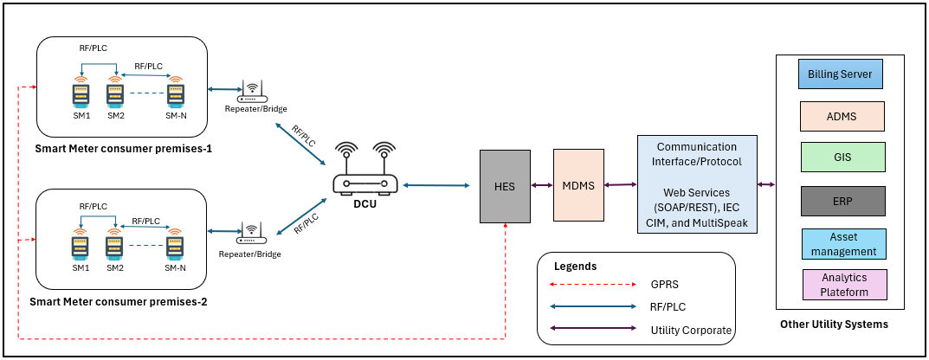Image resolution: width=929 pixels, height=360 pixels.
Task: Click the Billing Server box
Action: click(x=840, y=74)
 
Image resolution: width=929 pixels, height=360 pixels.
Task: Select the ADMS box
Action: click(x=842, y=116)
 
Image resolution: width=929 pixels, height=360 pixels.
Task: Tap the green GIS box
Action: click(x=842, y=157)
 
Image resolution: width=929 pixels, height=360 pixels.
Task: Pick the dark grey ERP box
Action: click(x=842, y=201)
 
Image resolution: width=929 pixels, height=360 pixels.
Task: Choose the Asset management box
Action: click(x=842, y=243)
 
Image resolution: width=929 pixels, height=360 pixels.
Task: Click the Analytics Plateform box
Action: click(x=844, y=285)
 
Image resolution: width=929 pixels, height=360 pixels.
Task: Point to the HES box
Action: click(x=506, y=184)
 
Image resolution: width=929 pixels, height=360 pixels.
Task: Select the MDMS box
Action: click(x=578, y=184)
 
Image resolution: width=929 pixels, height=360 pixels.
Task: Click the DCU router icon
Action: click(x=365, y=172)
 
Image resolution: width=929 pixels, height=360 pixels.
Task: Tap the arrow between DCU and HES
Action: click(x=439, y=184)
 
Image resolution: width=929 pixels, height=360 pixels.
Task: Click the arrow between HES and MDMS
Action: click(x=542, y=184)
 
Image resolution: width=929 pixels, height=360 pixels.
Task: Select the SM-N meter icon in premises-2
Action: click(x=175, y=245)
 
